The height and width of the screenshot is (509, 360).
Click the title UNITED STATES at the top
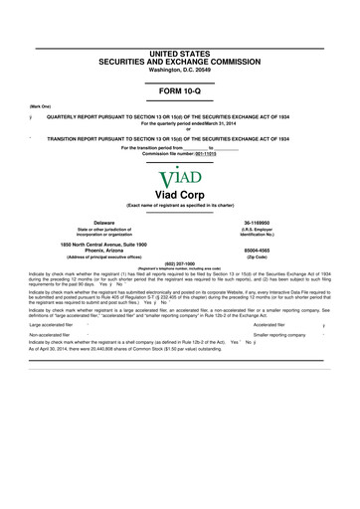tap(180, 21)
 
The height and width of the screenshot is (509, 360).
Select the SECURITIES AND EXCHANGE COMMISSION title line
tap(180, 32)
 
